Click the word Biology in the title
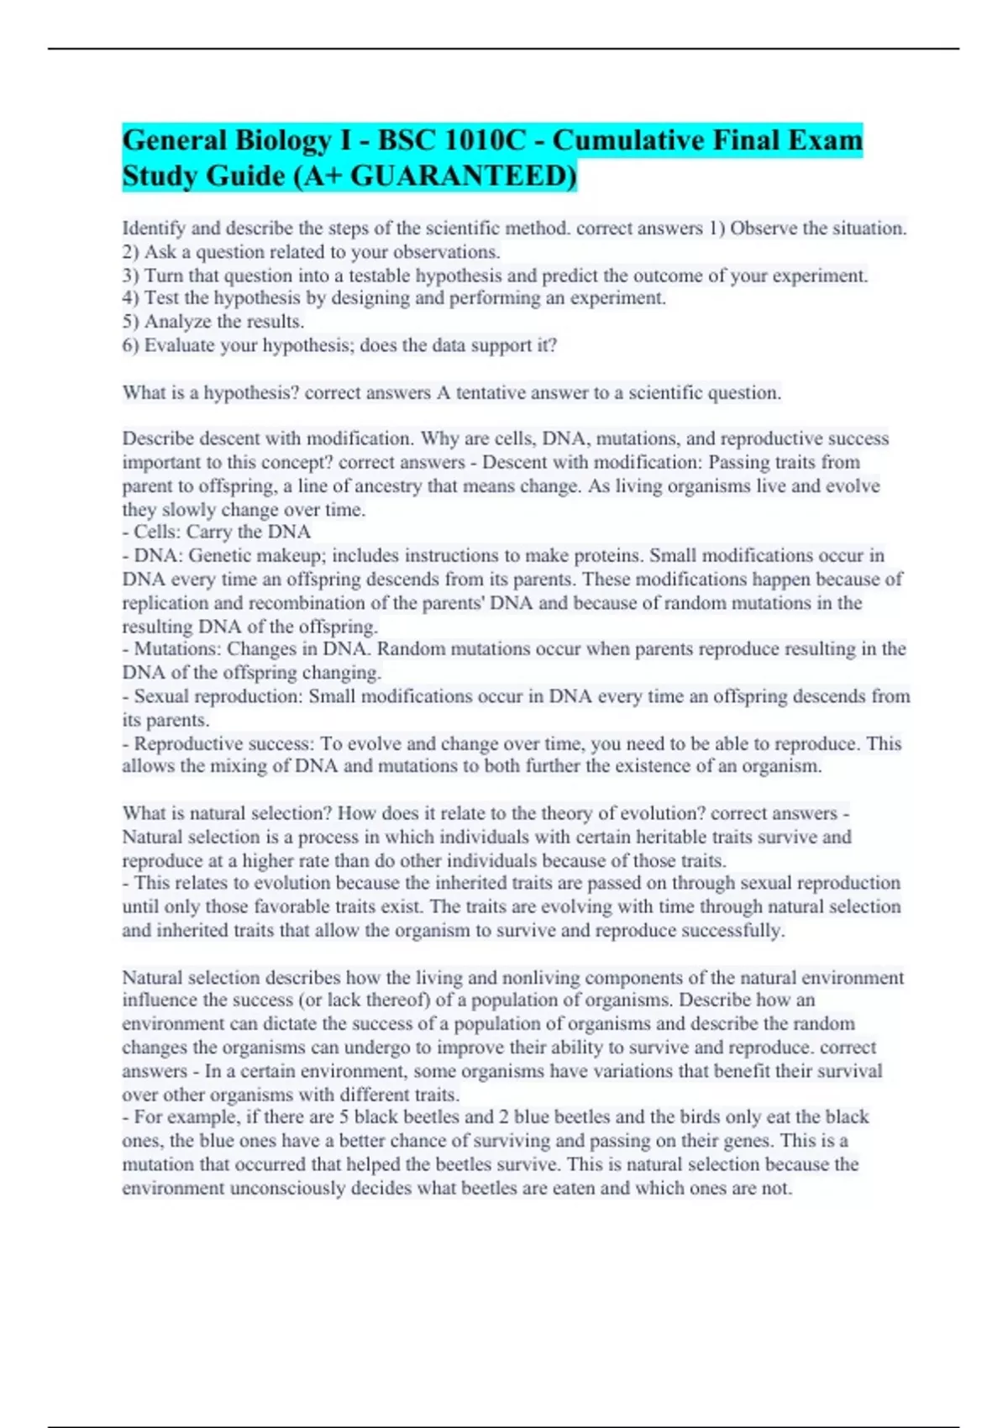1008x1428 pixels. click(x=282, y=141)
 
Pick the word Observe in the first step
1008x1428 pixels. click(x=763, y=228)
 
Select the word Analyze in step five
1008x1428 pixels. click(x=177, y=322)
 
